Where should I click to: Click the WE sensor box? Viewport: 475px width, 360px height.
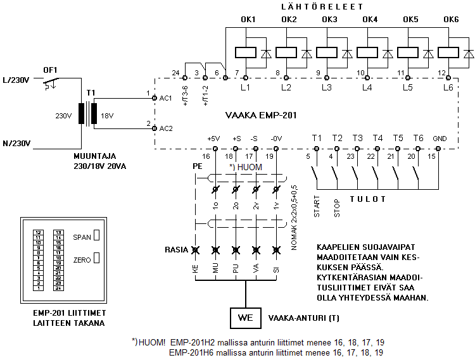point(244,318)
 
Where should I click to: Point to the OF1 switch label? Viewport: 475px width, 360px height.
point(50,70)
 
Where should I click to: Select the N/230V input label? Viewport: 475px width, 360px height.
point(17,143)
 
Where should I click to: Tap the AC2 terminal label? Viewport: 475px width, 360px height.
point(166,128)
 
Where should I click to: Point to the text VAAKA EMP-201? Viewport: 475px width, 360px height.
point(261,116)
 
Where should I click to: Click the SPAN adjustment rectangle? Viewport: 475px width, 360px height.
point(97,237)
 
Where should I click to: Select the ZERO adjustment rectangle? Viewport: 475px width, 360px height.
point(97,258)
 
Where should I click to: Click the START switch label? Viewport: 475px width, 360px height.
point(317,207)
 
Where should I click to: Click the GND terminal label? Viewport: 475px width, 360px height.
point(439,139)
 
